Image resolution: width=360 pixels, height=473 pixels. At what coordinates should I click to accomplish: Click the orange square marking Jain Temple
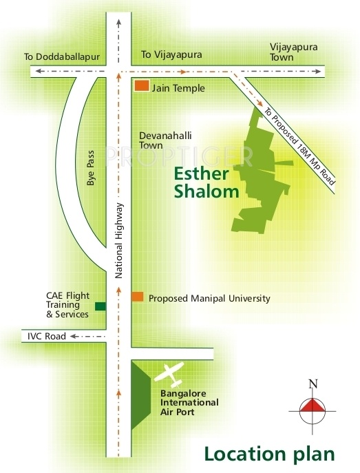click(x=142, y=87)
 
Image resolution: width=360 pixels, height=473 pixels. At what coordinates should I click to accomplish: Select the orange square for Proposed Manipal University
click(x=138, y=297)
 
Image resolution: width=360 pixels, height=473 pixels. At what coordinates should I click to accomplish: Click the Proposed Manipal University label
click(x=209, y=299)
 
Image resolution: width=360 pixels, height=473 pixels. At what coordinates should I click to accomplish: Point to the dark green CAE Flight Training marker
click(x=100, y=306)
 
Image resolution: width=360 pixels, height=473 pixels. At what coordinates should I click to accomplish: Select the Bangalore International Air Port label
click(x=189, y=403)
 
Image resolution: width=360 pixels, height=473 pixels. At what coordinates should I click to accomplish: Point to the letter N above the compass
click(x=313, y=384)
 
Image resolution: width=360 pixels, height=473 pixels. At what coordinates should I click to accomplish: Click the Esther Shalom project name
click(x=207, y=182)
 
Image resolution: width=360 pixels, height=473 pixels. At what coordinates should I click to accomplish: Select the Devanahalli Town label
click(x=160, y=140)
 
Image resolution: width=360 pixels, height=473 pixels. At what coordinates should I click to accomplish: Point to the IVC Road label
click(x=46, y=337)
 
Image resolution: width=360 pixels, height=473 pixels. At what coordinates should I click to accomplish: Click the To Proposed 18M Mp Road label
click(x=299, y=145)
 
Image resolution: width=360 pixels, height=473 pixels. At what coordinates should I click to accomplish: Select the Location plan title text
click(x=268, y=453)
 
